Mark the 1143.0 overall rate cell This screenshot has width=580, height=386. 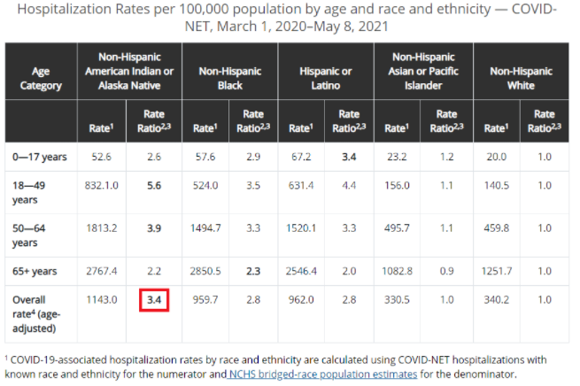click(x=101, y=299)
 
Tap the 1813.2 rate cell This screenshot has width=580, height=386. click(x=101, y=228)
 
